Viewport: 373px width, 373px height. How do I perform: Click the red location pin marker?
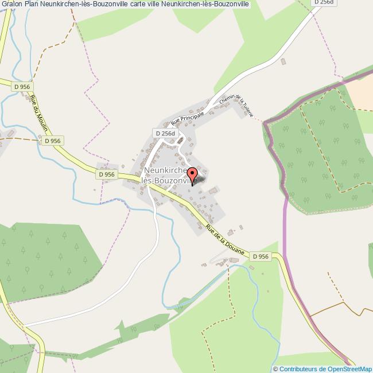point(192,174)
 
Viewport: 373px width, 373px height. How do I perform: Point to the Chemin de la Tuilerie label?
point(240,106)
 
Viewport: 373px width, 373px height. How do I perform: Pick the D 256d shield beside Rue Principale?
point(164,133)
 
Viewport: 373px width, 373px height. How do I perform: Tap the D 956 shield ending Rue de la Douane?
point(260,257)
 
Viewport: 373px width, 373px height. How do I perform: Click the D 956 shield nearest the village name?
point(106,174)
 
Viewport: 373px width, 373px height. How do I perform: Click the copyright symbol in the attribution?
point(275,369)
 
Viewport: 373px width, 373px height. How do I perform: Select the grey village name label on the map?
point(169,176)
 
